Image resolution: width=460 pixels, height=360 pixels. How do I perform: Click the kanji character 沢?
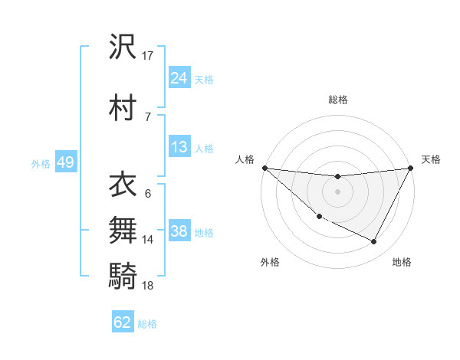click(x=123, y=47)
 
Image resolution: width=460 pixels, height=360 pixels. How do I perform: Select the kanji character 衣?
click(x=123, y=184)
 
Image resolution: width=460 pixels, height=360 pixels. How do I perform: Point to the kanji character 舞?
click(x=123, y=229)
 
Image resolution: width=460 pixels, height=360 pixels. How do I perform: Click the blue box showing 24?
click(x=179, y=78)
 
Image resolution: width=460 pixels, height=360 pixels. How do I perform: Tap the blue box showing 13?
click(x=179, y=147)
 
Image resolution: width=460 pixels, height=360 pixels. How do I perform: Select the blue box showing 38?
click(x=179, y=231)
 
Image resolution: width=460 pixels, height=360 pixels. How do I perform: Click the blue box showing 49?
click(x=65, y=162)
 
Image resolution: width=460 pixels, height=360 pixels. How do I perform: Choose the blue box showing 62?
click(x=123, y=322)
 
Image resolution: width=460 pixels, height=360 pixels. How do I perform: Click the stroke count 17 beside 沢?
click(x=148, y=56)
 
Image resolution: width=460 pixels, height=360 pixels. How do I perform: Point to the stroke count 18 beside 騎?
click(x=148, y=286)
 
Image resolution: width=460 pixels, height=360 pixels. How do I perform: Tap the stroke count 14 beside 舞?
click(x=148, y=240)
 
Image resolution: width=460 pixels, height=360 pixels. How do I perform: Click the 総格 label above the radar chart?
click(x=338, y=100)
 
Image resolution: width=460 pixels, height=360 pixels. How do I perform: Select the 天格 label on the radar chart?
click(x=432, y=159)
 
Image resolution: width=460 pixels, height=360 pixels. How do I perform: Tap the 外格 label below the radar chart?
click(x=270, y=262)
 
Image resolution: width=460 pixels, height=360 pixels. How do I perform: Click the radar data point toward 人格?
click(x=264, y=168)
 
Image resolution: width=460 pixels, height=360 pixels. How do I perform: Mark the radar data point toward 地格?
click(x=374, y=242)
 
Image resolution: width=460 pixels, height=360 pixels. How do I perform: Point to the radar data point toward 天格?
click(x=411, y=168)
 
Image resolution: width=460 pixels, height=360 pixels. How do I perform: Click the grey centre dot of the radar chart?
click(x=338, y=191)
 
